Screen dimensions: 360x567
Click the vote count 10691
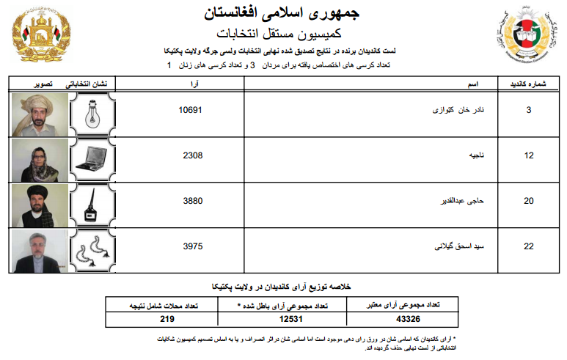point(190,110)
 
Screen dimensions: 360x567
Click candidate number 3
point(528,110)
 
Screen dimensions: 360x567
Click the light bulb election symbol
point(92,114)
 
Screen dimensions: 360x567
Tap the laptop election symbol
point(92,159)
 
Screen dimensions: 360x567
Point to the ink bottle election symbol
point(92,205)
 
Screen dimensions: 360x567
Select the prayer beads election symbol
point(92,250)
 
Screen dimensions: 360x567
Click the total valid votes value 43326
point(407,319)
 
